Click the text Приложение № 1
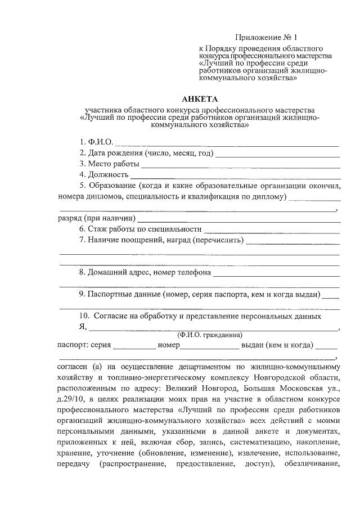coord(268,38)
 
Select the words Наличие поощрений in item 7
coord(119,241)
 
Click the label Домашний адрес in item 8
coord(118,273)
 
